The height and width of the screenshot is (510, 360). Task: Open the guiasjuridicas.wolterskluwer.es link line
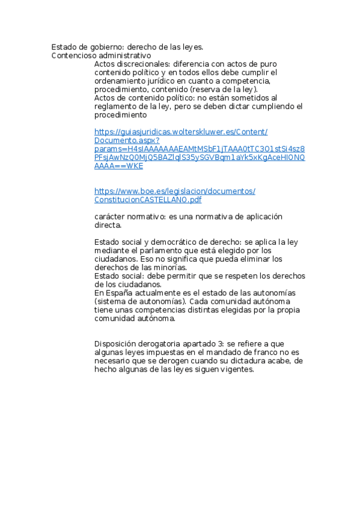(181, 132)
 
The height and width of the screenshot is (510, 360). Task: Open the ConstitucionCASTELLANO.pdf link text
(148, 200)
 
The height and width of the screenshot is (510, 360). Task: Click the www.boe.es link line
(175, 191)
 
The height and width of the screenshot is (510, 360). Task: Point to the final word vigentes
(236, 370)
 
